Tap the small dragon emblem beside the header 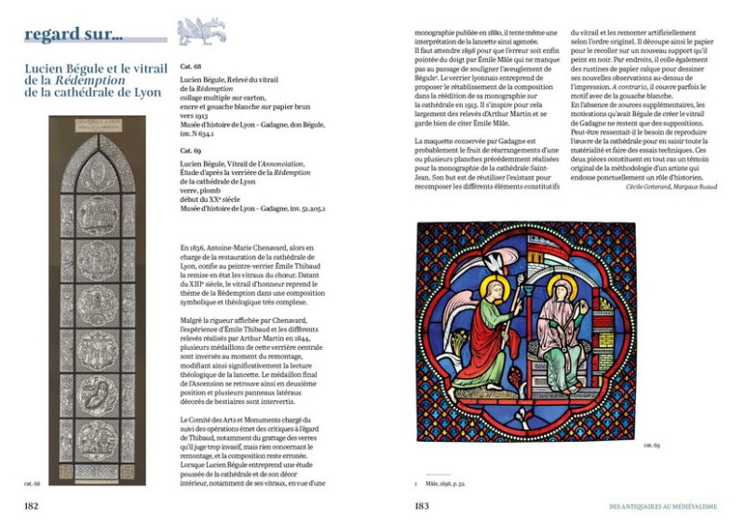[x=201, y=34]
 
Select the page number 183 [x=422, y=505]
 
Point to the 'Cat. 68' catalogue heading [x=192, y=67]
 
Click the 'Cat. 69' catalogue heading [x=192, y=149]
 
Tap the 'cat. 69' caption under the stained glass [x=651, y=446]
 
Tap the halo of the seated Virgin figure [x=561, y=285]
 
